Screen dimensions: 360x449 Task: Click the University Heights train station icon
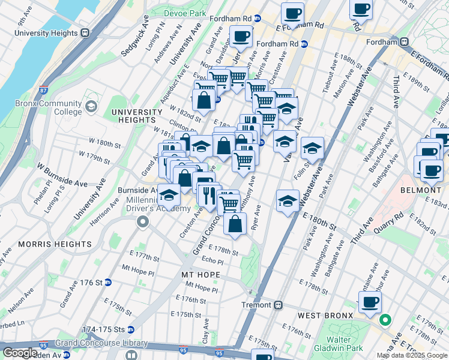[x=85, y=34]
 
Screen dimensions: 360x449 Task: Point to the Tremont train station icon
[x=279, y=305]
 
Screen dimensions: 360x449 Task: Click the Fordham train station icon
[x=405, y=42]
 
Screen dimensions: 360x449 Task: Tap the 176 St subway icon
[x=108, y=282]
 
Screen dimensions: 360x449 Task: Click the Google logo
[x=20, y=353]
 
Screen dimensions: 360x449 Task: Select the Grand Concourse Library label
[x=101, y=343]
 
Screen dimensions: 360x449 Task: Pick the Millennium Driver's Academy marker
[x=142, y=223]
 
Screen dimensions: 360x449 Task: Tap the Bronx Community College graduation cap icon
[x=91, y=107]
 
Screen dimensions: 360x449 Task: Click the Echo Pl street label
[x=212, y=262]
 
